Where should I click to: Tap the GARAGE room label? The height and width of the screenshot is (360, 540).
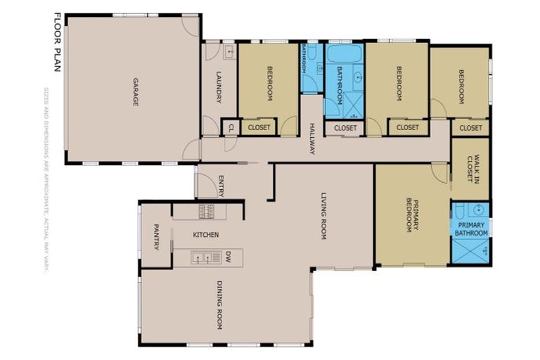click(x=134, y=92)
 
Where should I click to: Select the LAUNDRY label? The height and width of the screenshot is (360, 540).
click(x=219, y=86)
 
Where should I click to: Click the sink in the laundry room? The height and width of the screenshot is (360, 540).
click(x=229, y=51)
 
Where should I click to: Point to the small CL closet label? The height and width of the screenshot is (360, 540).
click(x=230, y=128)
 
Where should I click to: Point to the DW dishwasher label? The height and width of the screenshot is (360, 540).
click(x=229, y=257)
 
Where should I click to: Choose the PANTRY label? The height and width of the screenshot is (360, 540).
click(x=156, y=236)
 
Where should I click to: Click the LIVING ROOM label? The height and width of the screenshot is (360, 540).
click(x=324, y=217)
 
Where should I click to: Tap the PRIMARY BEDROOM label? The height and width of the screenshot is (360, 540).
click(x=411, y=215)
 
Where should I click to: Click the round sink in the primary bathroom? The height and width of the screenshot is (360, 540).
click(x=478, y=209)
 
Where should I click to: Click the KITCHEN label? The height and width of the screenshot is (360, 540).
click(x=205, y=234)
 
